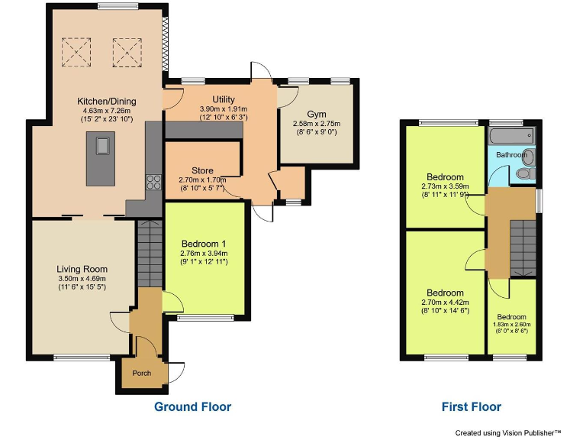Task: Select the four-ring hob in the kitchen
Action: pyautogui.click(x=153, y=182)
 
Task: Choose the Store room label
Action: pyautogui.click(x=202, y=170)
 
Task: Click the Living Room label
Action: pyautogui.click(x=82, y=269)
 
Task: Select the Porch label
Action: pyautogui.click(x=141, y=374)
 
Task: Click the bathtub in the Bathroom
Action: pyautogui.click(x=510, y=137)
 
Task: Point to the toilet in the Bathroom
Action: pyautogui.click(x=525, y=175)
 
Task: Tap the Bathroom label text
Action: pyautogui.click(x=511, y=155)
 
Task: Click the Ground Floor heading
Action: pyautogui.click(x=192, y=406)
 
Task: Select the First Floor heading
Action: pyautogui.click(x=471, y=406)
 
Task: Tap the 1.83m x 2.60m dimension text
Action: pyautogui.click(x=511, y=325)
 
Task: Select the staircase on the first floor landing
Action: pyautogui.click(x=523, y=241)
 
